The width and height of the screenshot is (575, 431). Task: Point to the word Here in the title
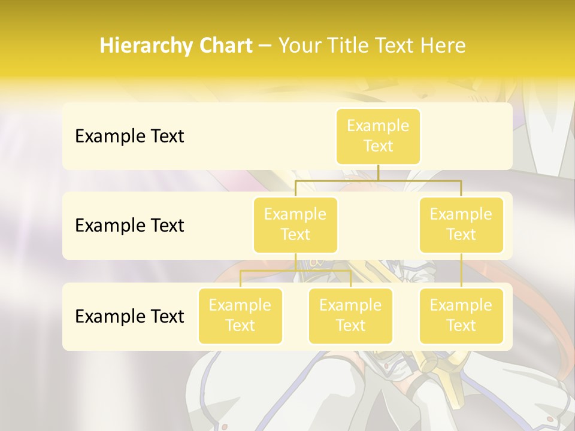click(x=443, y=46)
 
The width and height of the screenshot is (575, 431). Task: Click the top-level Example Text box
click(x=378, y=136)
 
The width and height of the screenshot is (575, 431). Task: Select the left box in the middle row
click(x=295, y=224)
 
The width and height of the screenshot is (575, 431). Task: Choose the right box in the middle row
click(x=461, y=224)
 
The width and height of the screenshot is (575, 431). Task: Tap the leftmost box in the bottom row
click(x=240, y=315)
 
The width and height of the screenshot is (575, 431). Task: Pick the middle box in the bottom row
click(x=350, y=315)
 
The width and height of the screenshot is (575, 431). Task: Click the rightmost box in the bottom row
click(x=461, y=315)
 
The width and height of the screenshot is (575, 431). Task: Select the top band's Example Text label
click(x=129, y=136)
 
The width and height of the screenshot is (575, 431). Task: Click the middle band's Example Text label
click(x=129, y=225)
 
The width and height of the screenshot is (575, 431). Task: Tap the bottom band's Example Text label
click(x=129, y=316)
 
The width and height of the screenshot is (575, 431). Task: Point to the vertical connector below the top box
click(x=378, y=172)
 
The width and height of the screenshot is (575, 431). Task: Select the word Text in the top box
click(x=378, y=146)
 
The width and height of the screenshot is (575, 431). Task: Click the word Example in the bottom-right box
click(x=461, y=305)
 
